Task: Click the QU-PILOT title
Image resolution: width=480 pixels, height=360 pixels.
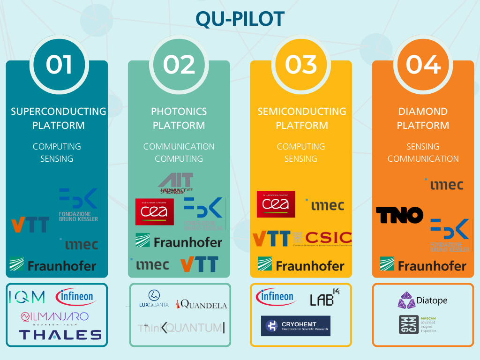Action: (x=240, y=19)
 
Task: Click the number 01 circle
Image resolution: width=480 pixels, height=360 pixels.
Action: (x=59, y=64)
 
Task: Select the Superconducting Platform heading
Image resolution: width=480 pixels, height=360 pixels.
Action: (x=59, y=118)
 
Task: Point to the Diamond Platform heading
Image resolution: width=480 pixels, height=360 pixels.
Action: (x=423, y=118)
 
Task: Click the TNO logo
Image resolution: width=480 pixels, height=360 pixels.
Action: (x=399, y=216)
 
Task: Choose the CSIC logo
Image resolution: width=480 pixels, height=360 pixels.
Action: (x=328, y=238)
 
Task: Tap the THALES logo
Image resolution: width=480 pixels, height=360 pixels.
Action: (x=60, y=334)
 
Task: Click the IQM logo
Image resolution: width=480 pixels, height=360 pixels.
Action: (x=27, y=297)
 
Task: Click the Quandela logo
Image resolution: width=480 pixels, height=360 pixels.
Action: (x=201, y=305)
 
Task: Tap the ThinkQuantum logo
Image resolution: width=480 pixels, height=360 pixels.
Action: (x=181, y=328)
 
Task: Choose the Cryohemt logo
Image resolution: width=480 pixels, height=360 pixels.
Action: (x=295, y=326)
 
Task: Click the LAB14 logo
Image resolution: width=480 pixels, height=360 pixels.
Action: (x=324, y=299)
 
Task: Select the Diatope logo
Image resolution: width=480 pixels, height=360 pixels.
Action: (x=422, y=300)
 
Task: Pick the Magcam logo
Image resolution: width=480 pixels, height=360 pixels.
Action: (x=417, y=324)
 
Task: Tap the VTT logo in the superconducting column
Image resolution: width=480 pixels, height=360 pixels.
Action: (x=30, y=224)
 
